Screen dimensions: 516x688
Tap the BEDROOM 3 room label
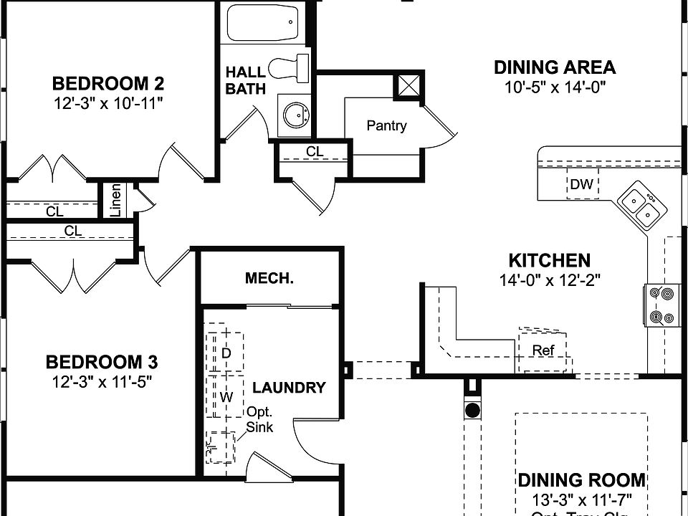102,361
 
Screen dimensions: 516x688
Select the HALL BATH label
246,80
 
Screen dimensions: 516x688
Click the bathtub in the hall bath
262,23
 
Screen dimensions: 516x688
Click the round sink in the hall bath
295,113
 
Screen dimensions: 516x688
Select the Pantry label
386,126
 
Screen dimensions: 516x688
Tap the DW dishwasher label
582,185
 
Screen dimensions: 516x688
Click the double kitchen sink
641,204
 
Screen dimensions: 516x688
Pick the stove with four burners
661,305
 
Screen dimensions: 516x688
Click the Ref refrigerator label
543,350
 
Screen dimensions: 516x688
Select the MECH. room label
269,278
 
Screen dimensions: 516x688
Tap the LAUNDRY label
289,388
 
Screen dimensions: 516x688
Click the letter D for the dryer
225,353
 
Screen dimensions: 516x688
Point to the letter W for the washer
225,396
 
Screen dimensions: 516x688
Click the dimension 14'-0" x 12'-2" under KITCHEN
549,280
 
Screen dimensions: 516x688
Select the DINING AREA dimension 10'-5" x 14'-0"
554,87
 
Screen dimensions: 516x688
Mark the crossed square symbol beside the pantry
408,87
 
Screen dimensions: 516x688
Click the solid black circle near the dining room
472,411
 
